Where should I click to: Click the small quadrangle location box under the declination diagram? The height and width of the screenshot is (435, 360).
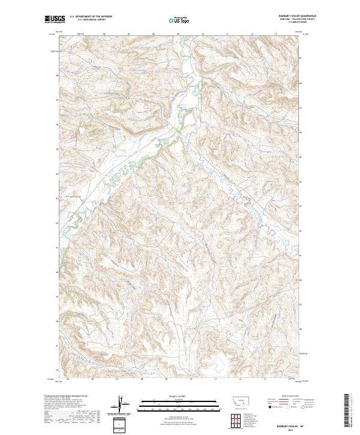(122, 425)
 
